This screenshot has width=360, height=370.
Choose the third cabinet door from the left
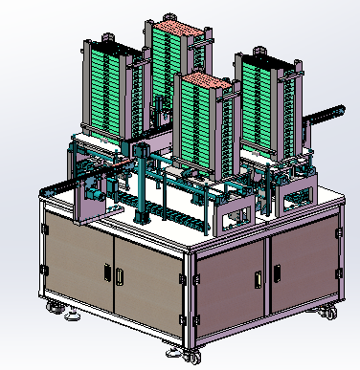pos(230,287)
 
